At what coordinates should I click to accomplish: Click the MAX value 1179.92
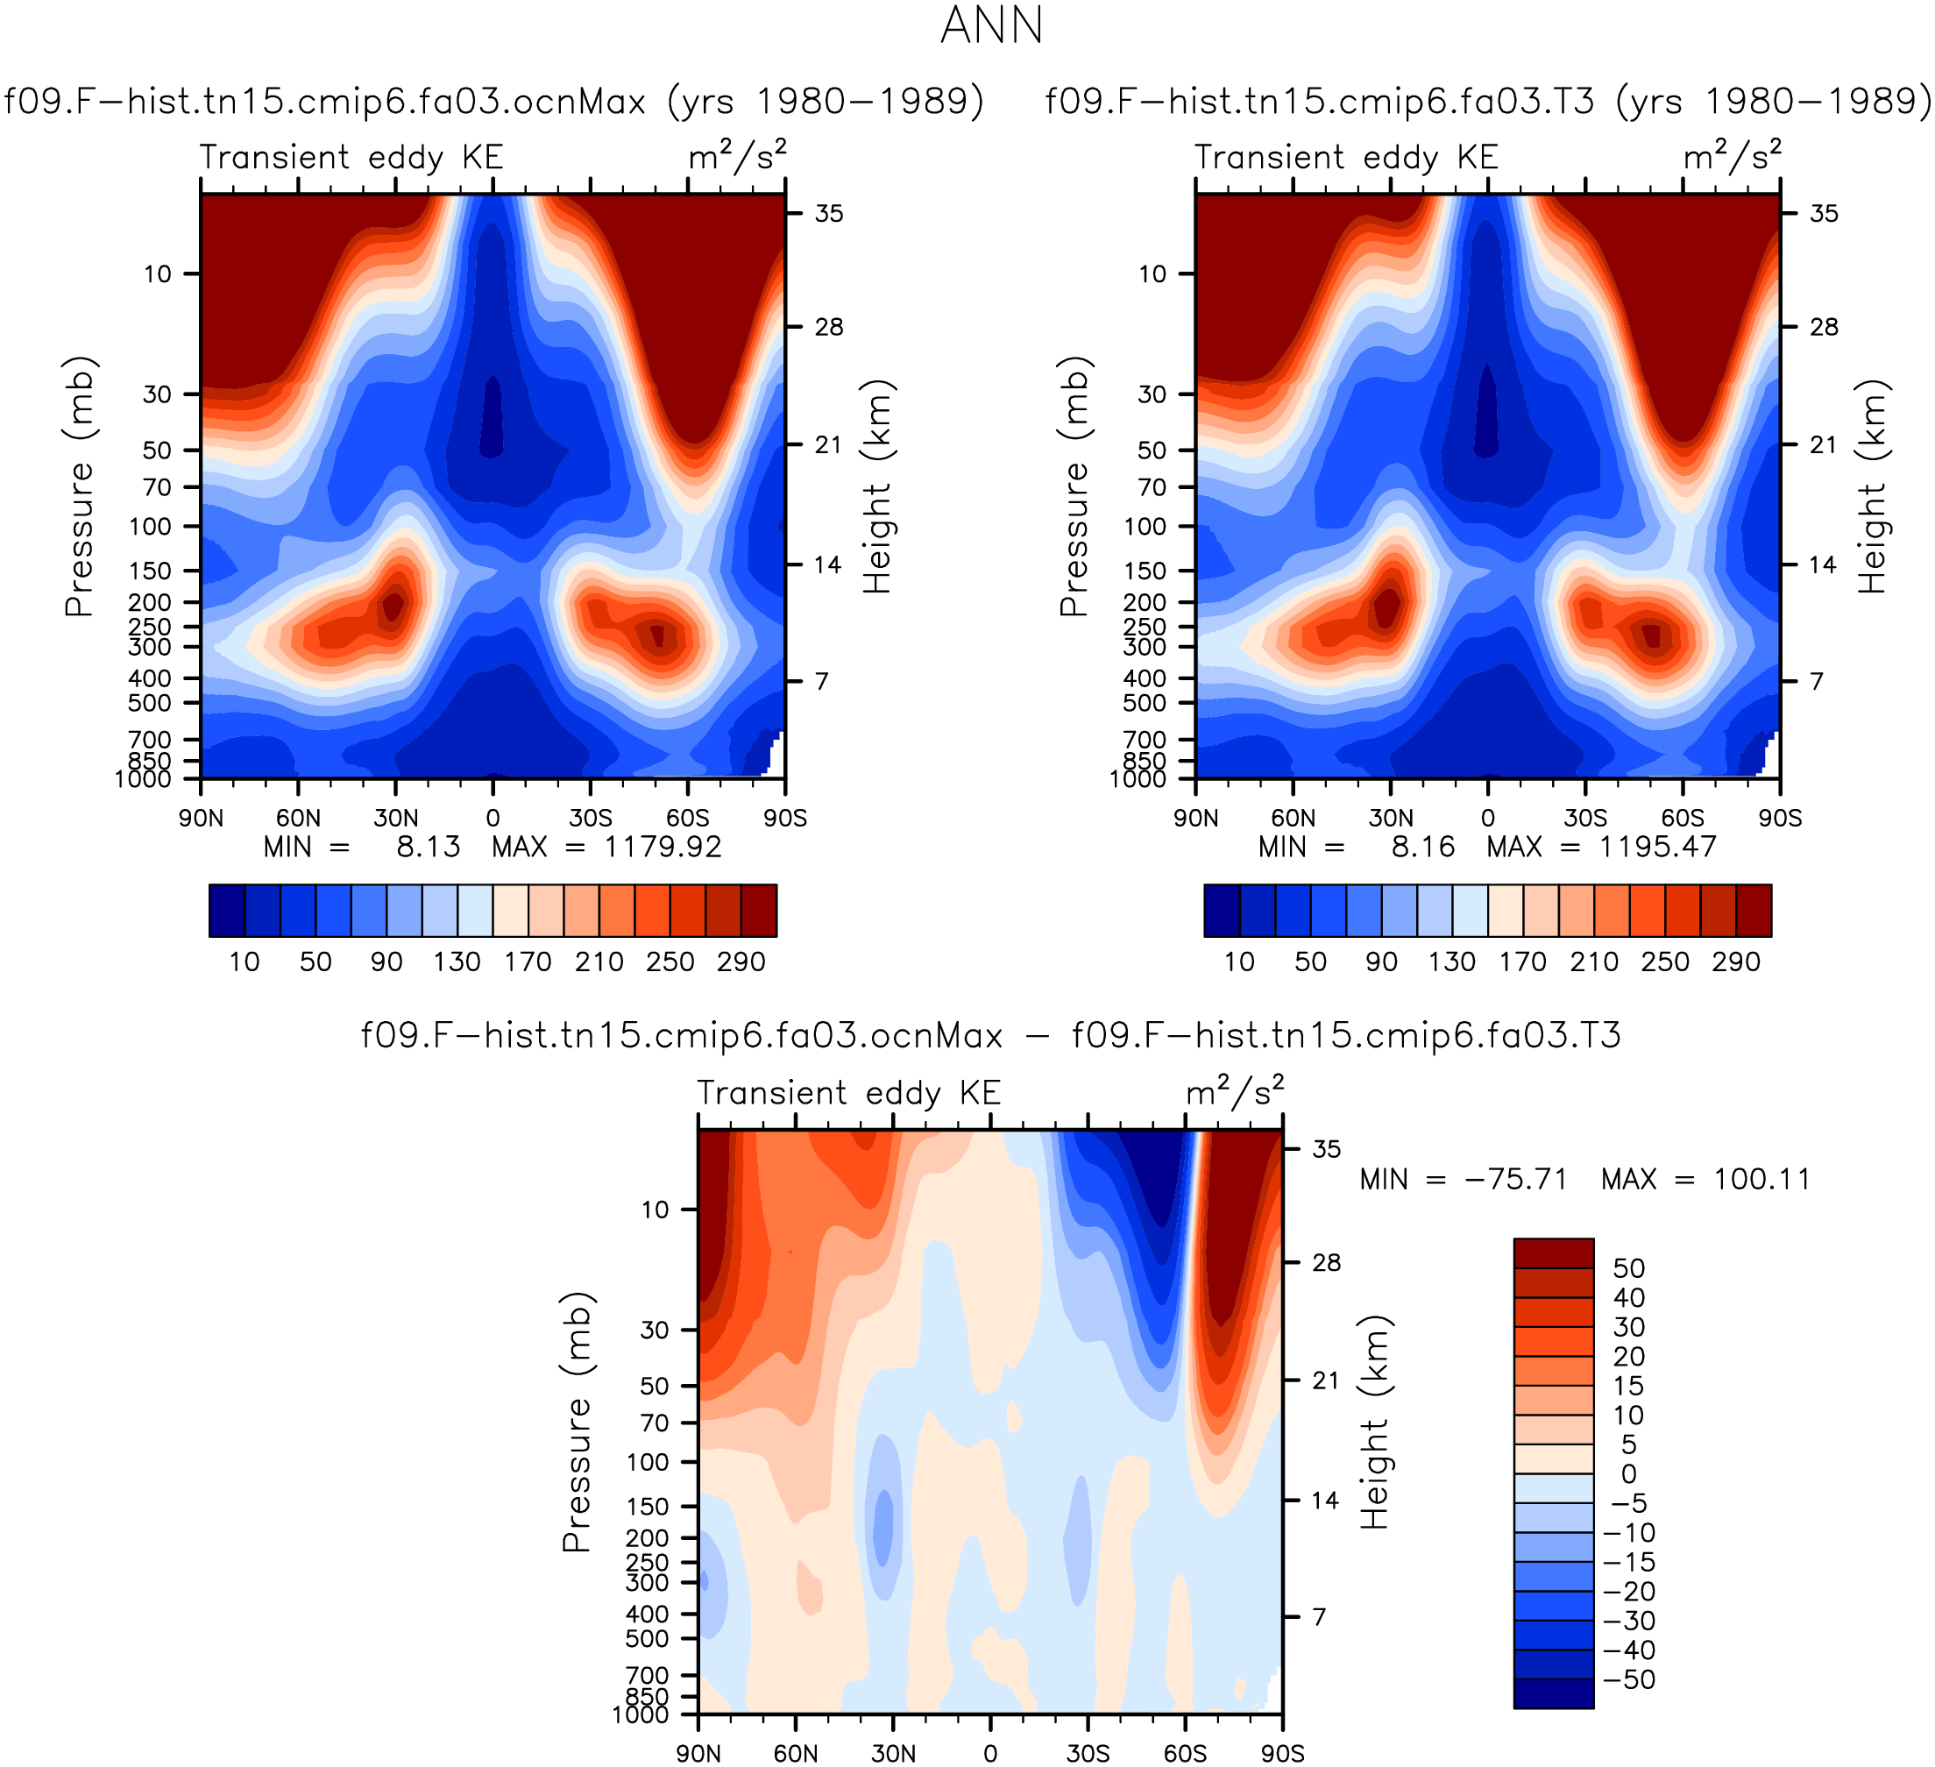click(x=663, y=847)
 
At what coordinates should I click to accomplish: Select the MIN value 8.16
click(x=1423, y=847)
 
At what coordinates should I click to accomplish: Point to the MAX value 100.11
click(x=1761, y=1179)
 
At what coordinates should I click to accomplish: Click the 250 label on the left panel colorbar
click(x=670, y=962)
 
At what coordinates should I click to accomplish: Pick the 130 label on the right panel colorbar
click(x=1451, y=962)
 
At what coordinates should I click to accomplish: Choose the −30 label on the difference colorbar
click(x=1629, y=1622)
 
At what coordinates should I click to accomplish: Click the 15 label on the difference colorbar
click(x=1629, y=1386)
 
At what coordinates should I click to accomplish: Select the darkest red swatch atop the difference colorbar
click(x=1553, y=1253)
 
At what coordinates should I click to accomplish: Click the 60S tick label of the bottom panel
click(x=1186, y=1754)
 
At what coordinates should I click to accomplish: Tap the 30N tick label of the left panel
click(x=396, y=818)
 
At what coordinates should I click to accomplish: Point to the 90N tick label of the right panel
click(x=1196, y=818)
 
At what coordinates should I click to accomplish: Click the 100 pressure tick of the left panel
click(x=150, y=526)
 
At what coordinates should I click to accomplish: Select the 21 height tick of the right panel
click(x=1823, y=444)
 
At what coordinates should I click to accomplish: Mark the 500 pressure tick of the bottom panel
click(x=647, y=1638)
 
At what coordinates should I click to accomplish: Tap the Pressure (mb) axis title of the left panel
click(x=81, y=486)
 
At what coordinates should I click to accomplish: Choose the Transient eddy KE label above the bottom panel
click(x=848, y=1093)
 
